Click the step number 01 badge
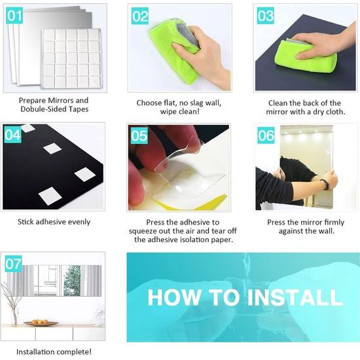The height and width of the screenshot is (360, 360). click(x=14, y=16)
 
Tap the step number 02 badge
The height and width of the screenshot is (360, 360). click(x=140, y=16)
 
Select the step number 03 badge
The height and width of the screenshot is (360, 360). click(x=265, y=16)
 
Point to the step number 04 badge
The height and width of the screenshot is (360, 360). click(x=12, y=134)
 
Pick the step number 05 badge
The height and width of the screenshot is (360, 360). click(x=139, y=135)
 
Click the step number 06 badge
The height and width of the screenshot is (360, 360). click(x=266, y=135)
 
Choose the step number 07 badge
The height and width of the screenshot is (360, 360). click(x=14, y=264)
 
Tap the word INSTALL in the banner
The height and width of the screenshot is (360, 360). click(x=295, y=298)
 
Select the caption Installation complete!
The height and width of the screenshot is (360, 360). click(x=54, y=351)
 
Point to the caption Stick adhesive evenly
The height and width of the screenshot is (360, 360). click(x=54, y=222)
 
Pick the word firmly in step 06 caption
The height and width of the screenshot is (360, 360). click(x=334, y=223)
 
